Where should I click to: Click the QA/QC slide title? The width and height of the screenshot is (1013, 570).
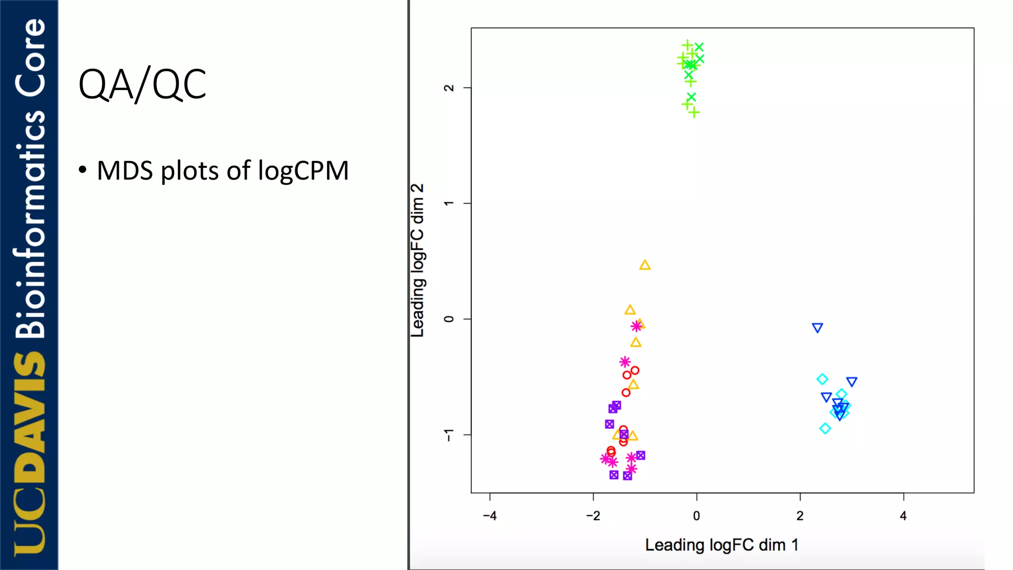coord(142,85)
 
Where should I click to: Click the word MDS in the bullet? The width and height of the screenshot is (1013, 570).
coord(125,171)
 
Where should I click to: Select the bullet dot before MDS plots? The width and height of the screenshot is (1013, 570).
coord(83,170)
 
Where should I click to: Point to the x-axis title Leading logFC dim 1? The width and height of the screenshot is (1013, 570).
coord(722,545)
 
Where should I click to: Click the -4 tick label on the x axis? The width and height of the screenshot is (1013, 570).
coord(490,516)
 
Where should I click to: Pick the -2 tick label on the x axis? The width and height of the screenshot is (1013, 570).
coord(593,516)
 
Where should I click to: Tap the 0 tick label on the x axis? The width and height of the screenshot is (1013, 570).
coord(696,516)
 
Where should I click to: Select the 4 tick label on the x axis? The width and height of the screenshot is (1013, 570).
coord(903,516)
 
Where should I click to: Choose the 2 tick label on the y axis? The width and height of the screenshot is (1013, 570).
coord(449,88)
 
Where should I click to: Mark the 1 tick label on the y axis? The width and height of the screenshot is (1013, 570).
coord(449,203)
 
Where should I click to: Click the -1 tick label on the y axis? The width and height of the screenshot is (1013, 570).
coord(449,435)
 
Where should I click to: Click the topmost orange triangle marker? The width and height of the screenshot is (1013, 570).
coord(645,265)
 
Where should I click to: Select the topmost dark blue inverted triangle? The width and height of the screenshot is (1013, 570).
coord(817,328)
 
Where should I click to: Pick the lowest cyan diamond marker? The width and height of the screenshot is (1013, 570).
coord(825,428)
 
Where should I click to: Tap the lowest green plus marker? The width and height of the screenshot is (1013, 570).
coord(694,113)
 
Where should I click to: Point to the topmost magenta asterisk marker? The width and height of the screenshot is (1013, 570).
coord(637,326)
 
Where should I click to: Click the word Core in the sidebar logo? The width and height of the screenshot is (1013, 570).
coord(30,57)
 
